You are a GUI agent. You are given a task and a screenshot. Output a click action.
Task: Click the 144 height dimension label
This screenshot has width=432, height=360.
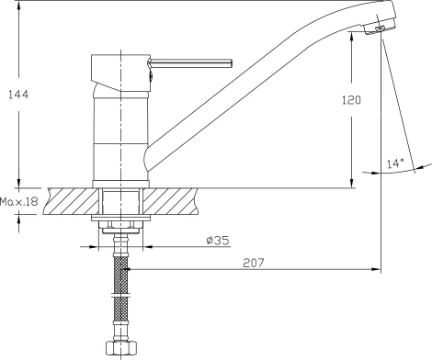click(18, 95)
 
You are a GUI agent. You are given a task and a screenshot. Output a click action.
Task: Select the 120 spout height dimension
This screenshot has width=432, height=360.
click(351, 100)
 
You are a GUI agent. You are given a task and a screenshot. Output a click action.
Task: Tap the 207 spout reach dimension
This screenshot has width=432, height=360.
click(254, 263)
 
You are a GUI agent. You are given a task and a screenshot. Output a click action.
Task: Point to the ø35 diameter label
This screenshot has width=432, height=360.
click(218, 241)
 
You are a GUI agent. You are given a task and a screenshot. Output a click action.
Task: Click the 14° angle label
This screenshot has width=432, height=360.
click(395, 163)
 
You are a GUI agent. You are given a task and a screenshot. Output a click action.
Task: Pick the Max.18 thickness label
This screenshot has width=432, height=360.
click(19, 202)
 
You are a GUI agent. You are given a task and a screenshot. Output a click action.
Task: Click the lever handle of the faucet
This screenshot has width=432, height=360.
click(190, 63)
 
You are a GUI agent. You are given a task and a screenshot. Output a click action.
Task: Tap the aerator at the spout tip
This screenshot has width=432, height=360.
click(380, 28)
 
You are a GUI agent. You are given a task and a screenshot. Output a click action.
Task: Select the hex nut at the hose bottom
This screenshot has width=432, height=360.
click(121, 348)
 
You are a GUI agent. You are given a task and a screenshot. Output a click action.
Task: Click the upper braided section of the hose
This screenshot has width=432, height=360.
click(121, 275)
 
